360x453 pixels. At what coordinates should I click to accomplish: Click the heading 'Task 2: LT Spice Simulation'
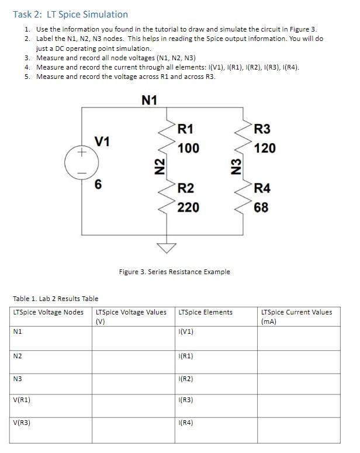(70, 14)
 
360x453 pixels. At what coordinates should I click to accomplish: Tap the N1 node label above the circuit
(150, 100)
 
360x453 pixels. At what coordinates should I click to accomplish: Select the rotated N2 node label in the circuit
(157, 167)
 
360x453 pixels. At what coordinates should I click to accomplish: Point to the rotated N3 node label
(236, 167)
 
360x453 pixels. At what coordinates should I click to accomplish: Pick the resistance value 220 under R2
(188, 207)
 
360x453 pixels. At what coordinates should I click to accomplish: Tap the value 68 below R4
(261, 207)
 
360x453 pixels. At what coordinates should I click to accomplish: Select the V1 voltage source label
(102, 141)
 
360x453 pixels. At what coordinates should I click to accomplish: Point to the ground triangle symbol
(167, 248)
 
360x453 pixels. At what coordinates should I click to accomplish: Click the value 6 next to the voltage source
(99, 184)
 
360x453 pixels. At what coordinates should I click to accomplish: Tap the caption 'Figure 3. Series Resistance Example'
(174, 272)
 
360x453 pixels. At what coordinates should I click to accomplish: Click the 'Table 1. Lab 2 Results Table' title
(56, 299)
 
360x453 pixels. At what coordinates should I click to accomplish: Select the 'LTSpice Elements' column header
(205, 312)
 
